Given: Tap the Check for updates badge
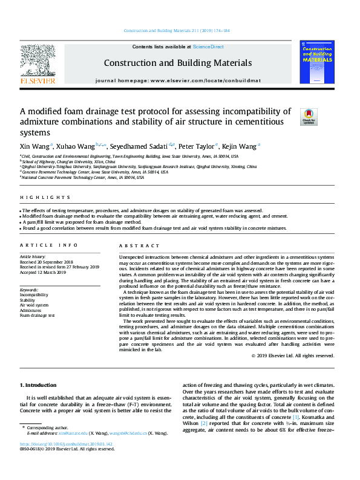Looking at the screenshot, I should [x=309, y=117].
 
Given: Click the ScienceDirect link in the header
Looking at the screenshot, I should [x=208, y=47].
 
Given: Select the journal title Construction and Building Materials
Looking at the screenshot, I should [x=177, y=63].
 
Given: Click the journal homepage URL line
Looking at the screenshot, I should [x=177, y=80].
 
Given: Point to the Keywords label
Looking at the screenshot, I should [x=29, y=290].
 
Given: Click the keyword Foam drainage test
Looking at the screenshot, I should [x=38, y=315].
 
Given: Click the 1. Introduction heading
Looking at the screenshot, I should [x=40, y=385].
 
